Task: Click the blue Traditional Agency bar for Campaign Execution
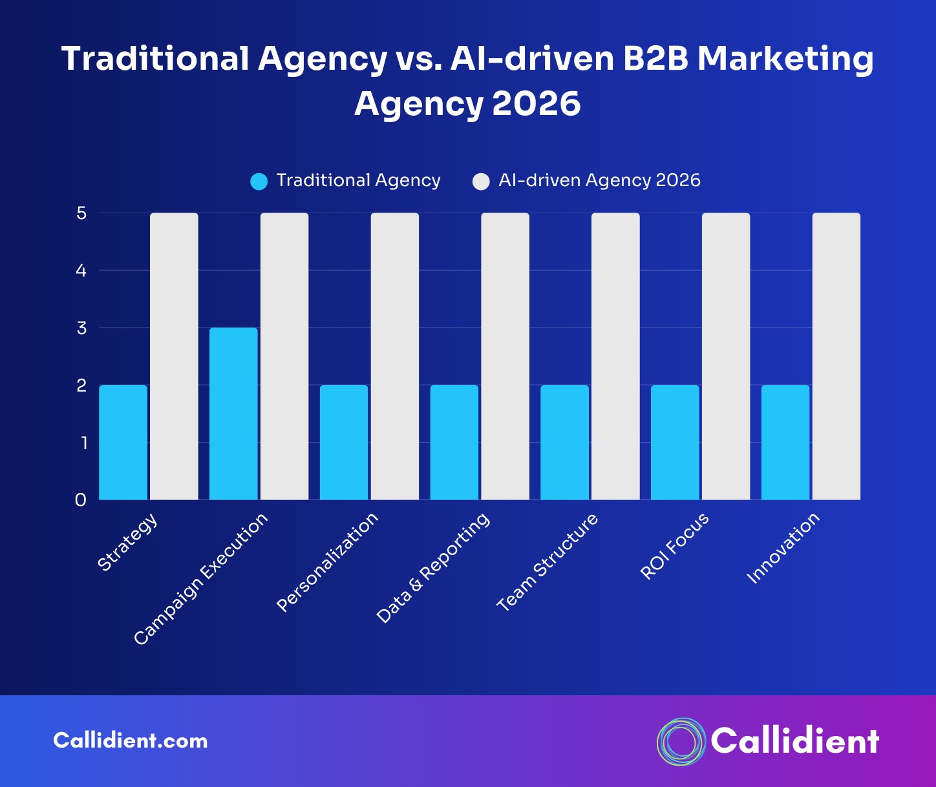pyautogui.click(x=233, y=414)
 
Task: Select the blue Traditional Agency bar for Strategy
pyautogui.click(x=123, y=443)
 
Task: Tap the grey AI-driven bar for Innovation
pyautogui.click(x=836, y=356)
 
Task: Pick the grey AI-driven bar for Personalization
pyautogui.click(x=394, y=356)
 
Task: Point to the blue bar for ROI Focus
pyautogui.click(x=675, y=443)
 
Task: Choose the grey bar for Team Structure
pyautogui.click(x=615, y=356)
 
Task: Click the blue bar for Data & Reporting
pyautogui.click(x=454, y=443)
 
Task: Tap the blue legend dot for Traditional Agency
pyautogui.click(x=259, y=182)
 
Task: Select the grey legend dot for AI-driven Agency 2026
pyautogui.click(x=481, y=182)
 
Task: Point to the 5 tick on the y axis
pyautogui.click(x=81, y=213)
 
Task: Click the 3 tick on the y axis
pyautogui.click(x=81, y=328)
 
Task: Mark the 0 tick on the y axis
pyautogui.click(x=81, y=500)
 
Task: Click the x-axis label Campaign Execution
pyautogui.click(x=201, y=579)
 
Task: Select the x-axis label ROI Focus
pyautogui.click(x=674, y=546)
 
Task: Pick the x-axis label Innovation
pyautogui.click(x=783, y=547)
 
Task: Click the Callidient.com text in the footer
pyautogui.click(x=131, y=740)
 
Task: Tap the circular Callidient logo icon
pyautogui.click(x=681, y=741)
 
